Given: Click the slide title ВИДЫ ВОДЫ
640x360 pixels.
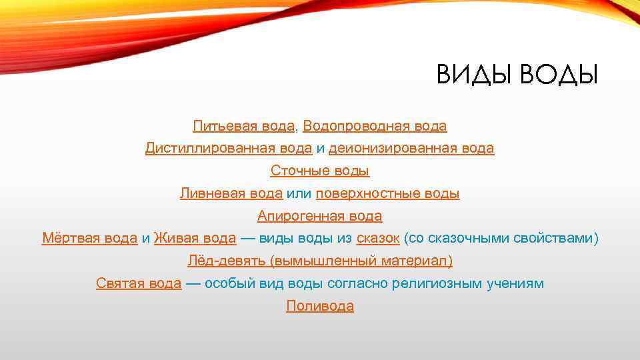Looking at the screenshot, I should click(x=517, y=75).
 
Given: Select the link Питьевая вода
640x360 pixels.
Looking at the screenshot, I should click(x=243, y=125).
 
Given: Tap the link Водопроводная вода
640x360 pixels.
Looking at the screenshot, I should click(x=375, y=125).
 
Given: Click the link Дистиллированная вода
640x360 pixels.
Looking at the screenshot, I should click(x=228, y=148).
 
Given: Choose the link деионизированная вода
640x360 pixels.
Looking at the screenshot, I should click(x=411, y=148).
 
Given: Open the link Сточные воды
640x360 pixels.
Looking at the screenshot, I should click(x=320, y=171).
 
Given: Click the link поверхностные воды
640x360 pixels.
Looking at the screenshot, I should click(x=387, y=193).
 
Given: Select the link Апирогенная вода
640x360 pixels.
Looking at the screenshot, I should click(x=320, y=216).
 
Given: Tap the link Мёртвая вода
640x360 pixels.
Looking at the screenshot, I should click(x=89, y=239).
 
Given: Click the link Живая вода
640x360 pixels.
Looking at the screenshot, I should click(x=195, y=239).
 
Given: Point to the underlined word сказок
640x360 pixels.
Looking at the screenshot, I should click(x=378, y=239).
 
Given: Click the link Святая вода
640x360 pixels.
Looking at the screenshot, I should click(x=138, y=284).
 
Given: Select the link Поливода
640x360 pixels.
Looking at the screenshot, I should click(x=320, y=307).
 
